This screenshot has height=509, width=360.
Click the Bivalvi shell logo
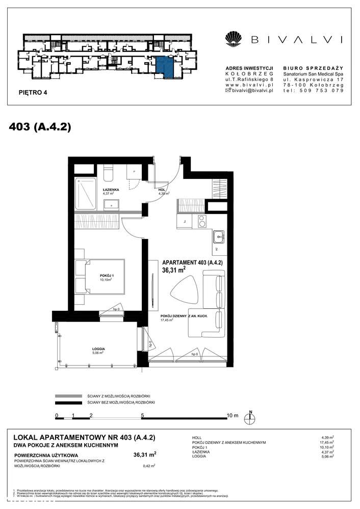click(x=234, y=39)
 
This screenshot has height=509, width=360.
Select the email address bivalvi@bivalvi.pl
click(x=253, y=90)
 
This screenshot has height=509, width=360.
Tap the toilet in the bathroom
click(x=108, y=174)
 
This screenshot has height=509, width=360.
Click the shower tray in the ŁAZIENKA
click(x=85, y=193)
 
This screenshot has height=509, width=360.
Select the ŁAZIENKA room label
click(x=111, y=189)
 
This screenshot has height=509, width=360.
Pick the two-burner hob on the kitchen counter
click(x=202, y=221)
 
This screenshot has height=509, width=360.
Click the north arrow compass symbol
click(x=250, y=418)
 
